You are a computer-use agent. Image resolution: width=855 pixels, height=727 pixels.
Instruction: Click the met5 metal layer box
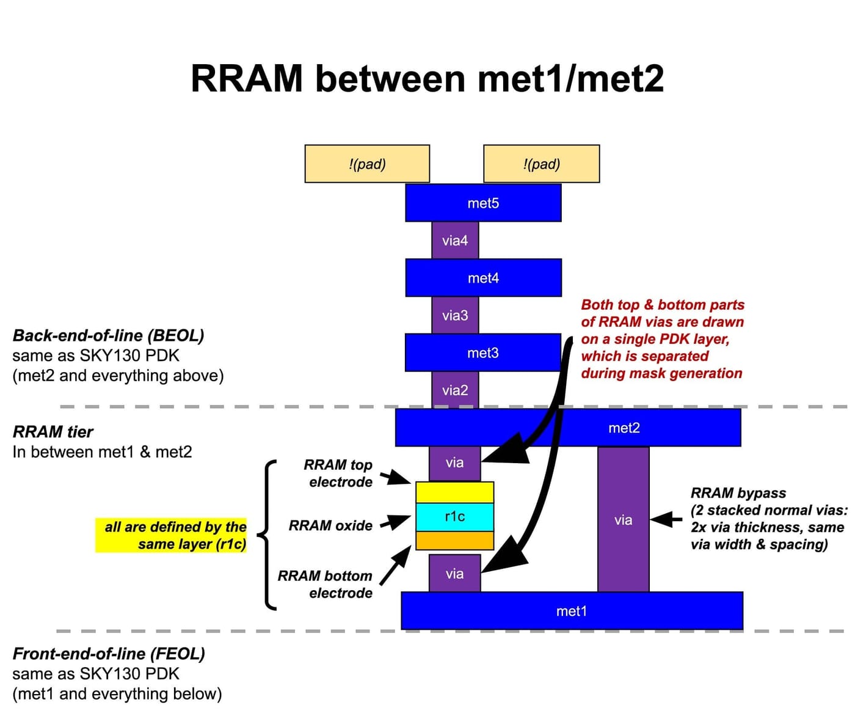tap(483, 203)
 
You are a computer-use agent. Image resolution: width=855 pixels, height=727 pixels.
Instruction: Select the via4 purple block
tap(455, 240)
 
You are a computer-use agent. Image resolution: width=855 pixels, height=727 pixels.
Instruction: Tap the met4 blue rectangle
tap(483, 278)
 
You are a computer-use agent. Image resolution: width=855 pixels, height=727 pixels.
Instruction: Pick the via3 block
tap(455, 315)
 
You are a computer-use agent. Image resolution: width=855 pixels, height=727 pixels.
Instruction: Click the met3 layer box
tap(482, 353)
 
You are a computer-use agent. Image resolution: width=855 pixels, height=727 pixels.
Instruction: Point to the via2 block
tap(455, 390)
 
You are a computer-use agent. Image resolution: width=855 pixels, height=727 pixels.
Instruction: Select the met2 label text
tap(624, 428)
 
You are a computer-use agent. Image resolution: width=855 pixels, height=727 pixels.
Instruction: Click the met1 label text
tap(571, 611)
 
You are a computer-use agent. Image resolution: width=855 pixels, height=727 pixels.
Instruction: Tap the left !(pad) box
tap(367, 164)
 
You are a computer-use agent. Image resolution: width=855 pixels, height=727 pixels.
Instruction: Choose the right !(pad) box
tap(541, 164)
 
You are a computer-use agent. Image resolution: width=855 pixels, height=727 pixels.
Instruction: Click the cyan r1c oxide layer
tap(454, 517)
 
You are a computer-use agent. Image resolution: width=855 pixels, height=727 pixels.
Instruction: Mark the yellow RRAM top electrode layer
tap(454, 492)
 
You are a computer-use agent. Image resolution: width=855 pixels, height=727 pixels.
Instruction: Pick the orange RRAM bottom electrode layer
tap(454, 541)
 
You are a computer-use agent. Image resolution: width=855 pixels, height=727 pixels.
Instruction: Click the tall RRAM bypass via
tap(623, 519)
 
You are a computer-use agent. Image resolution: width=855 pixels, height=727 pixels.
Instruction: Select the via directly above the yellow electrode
tap(454, 463)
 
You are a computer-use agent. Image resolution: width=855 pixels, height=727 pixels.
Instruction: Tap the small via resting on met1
tap(454, 574)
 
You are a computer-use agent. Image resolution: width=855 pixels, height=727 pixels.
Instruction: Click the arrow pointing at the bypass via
tap(666, 520)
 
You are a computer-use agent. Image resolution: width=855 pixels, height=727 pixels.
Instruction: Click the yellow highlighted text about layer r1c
tap(172, 535)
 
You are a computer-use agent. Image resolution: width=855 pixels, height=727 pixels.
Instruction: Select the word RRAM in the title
tap(247, 79)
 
